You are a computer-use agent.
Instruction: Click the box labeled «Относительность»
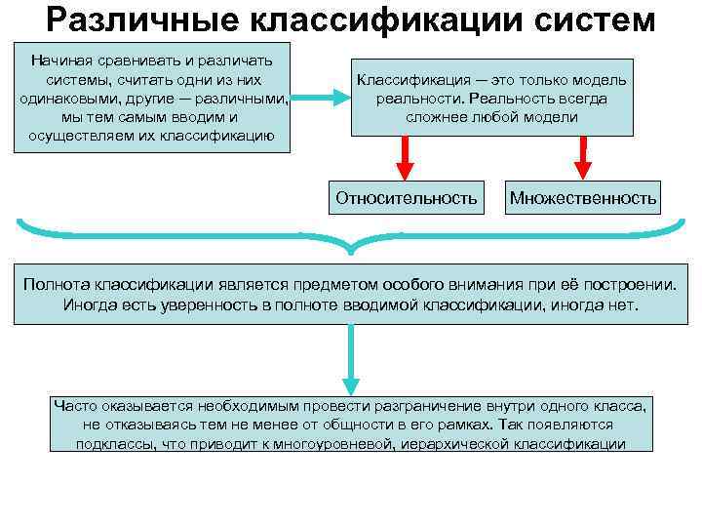point(407,198)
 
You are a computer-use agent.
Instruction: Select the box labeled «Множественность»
point(583,198)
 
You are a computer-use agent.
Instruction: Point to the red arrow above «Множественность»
point(583,156)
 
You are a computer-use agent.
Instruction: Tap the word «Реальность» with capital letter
point(506,99)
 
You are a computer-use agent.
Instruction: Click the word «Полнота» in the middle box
point(58,285)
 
